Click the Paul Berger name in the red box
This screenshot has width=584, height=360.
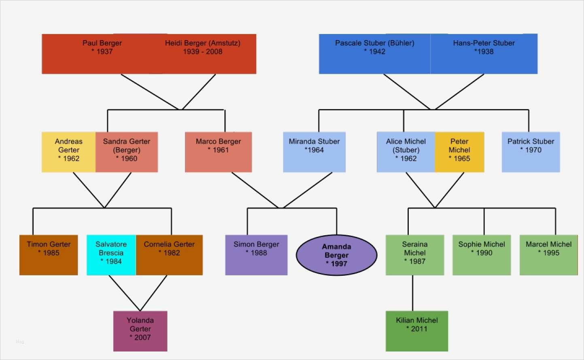[x=102, y=43]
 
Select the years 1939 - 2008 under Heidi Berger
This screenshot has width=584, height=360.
[x=202, y=52]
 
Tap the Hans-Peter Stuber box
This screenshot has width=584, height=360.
[x=484, y=53]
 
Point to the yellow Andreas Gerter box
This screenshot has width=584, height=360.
[x=69, y=152]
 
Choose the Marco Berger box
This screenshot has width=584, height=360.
[x=218, y=152]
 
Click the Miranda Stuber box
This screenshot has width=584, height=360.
[x=314, y=152]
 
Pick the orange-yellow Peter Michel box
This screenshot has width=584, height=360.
[x=459, y=152]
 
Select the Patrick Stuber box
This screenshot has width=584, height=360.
[x=531, y=152]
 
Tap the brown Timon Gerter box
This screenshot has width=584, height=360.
[x=49, y=255]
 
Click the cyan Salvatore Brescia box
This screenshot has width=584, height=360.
[x=111, y=255]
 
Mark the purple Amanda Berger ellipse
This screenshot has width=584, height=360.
[x=336, y=255]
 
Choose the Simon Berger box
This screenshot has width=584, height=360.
[x=256, y=255]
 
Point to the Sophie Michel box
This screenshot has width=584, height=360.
[x=482, y=255]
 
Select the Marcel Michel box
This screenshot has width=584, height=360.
[x=548, y=255]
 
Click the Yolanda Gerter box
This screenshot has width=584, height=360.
[x=140, y=331]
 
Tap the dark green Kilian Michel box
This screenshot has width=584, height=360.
[x=417, y=331]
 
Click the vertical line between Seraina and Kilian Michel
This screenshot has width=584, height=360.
[x=413, y=293]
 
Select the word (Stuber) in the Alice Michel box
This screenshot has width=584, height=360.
[x=406, y=150]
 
